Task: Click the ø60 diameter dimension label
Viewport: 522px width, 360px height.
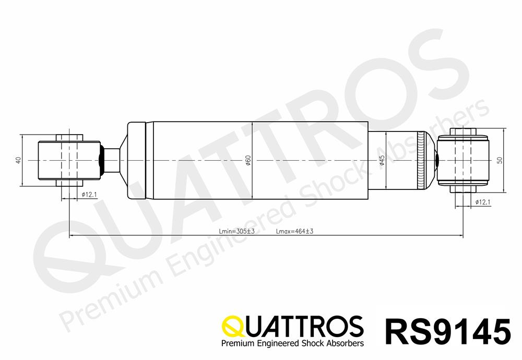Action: point(248,161)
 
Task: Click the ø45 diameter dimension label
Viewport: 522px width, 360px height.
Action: point(382,161)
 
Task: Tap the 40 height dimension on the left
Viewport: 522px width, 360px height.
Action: point(18,160)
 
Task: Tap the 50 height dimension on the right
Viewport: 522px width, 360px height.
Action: point(500,160)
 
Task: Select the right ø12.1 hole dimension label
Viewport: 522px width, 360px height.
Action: point(483,202)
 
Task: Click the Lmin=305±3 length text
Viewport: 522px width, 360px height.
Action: point(236,231)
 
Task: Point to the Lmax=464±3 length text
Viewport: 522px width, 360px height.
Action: point(294,231)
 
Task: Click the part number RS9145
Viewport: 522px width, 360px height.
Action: point(448,331)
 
